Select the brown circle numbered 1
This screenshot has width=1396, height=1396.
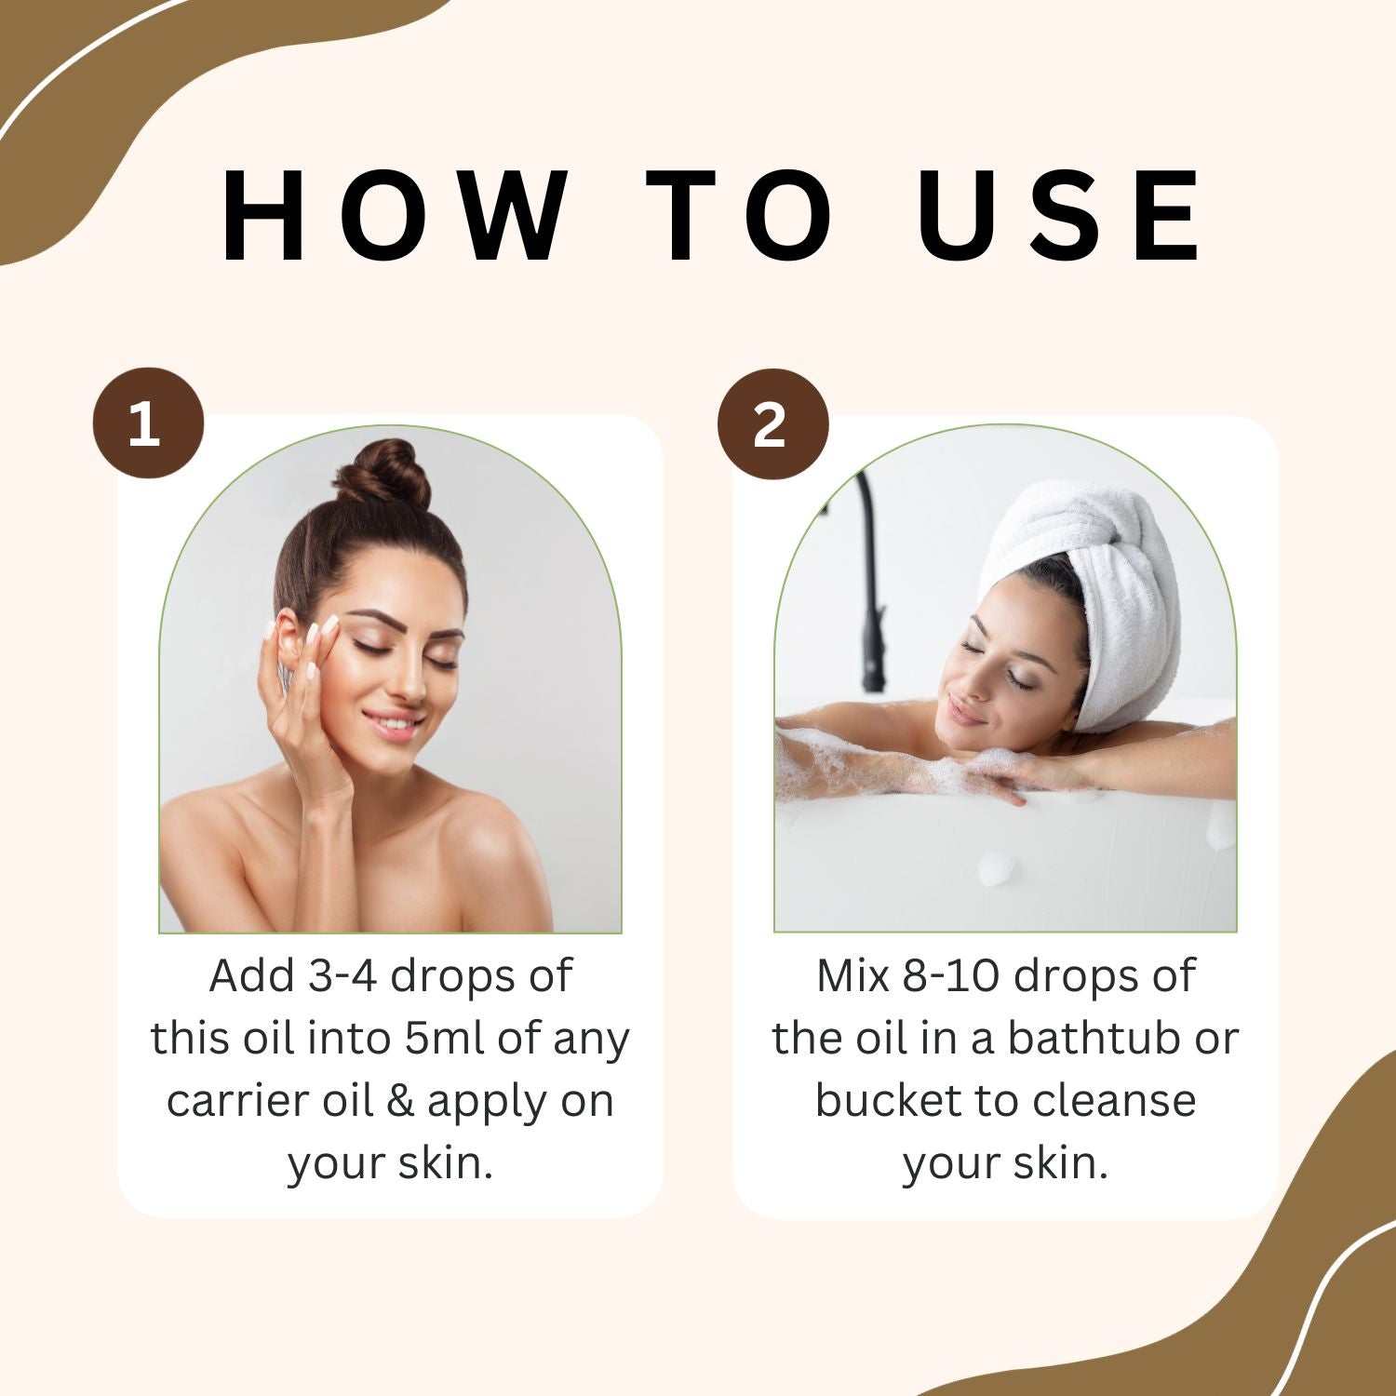point(147,424)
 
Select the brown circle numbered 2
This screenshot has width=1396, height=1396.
point(772,424)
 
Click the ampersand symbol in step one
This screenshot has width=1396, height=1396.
point(400,1101)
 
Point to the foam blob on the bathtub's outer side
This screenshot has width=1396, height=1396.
point(997,867)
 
